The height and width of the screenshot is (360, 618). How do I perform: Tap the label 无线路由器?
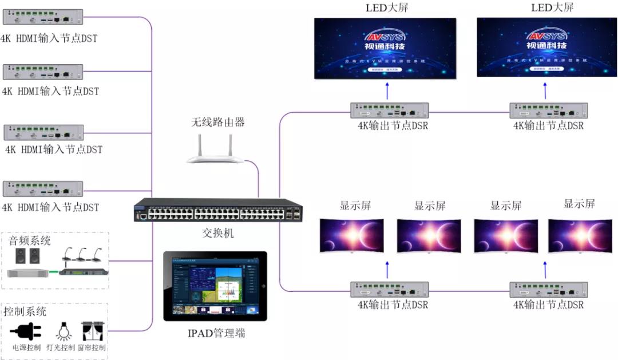tap(218, 122)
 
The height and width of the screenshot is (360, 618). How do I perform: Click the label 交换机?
tap(218, 234)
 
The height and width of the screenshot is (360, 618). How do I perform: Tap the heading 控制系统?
tap(25, 312)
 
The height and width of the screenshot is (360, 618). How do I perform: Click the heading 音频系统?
tap(29, 240)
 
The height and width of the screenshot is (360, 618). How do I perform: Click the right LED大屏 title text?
tap(551, 7)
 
